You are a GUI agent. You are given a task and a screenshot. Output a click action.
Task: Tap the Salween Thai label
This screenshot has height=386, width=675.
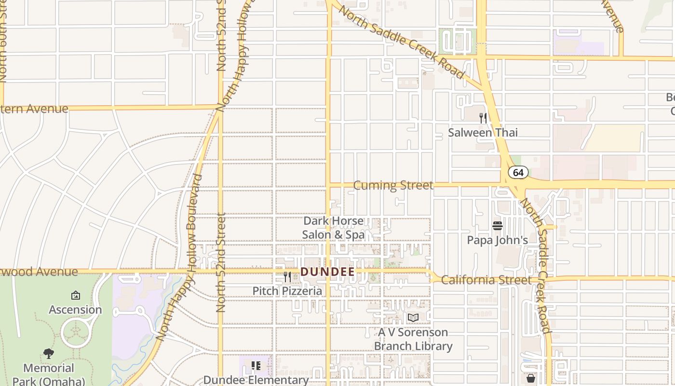[x=483, y=133]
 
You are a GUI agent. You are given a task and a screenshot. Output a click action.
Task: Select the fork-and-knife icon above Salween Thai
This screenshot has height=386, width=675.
[x=483, y=118]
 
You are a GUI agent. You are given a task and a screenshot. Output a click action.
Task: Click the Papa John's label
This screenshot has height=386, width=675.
[x=497, y=240]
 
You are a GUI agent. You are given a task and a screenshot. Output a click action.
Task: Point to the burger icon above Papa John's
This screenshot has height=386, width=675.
[x=498, y=225]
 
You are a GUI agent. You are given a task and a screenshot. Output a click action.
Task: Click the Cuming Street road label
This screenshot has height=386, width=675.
[x=393, y=185]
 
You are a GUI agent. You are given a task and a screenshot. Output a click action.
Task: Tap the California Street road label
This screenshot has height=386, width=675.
[x=486, y=280]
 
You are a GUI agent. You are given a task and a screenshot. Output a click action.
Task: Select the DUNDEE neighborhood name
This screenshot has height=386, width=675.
[x=327, y=272]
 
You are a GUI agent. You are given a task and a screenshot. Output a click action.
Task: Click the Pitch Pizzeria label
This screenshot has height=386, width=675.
[x=287, y=291]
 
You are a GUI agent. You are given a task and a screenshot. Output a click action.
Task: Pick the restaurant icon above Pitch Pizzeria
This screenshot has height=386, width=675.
[x=287, y=276]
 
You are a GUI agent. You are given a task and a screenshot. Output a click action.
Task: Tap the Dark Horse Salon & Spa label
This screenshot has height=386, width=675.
[x=333, y=228]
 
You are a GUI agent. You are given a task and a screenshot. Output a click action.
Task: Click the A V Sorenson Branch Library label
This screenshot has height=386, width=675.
[x=413, y=339]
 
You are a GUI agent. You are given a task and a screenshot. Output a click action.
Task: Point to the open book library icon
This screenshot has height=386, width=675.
[x=413, y=317]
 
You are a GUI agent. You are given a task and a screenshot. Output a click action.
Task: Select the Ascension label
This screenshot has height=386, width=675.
[x=75, y=310]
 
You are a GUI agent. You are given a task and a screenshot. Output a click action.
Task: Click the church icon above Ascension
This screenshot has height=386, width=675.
[x=75, y=295]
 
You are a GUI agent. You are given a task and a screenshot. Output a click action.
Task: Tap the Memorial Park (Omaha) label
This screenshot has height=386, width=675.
[x=49, y=374]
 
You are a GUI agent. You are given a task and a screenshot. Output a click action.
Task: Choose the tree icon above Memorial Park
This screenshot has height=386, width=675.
[x=49, y=354]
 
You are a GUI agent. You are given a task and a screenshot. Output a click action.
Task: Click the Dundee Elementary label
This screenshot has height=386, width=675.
[x=256, y=380]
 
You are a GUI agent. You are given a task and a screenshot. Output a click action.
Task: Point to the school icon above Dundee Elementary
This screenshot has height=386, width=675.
[x=256, y=366]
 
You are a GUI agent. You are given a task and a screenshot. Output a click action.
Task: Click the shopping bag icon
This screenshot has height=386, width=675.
[x=531, y=378]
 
